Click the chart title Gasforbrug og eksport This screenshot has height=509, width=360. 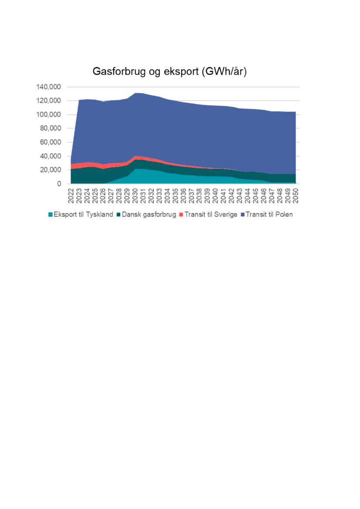point(170,72)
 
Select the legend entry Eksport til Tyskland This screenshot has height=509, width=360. point(83,214)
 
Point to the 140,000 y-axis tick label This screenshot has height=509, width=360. point(48,87)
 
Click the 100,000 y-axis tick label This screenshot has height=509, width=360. point(48,115)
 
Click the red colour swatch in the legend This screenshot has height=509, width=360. point(181,214)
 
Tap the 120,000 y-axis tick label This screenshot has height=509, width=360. point(48,101)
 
